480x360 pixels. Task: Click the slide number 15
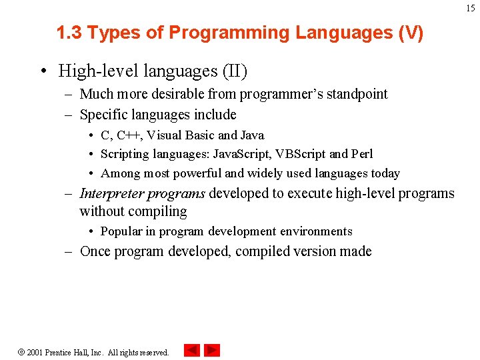pyautogui.click(x=471, y=8)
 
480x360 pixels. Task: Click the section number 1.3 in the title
pyautogui.click(x=70, y=33)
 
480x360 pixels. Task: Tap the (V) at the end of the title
pyautogui.click(x=410, y=33)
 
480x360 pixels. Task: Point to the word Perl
pyautogui.click(x=361, y=154)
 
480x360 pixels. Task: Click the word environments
pyautogui.click(x=315, y=231)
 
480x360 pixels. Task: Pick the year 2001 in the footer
pyautogui.click(x=35, y=352)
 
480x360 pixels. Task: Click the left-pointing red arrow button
pyautogui.click(x=192, y=350)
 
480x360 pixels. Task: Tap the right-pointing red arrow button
pyautogui.click(x=212, y=350)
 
